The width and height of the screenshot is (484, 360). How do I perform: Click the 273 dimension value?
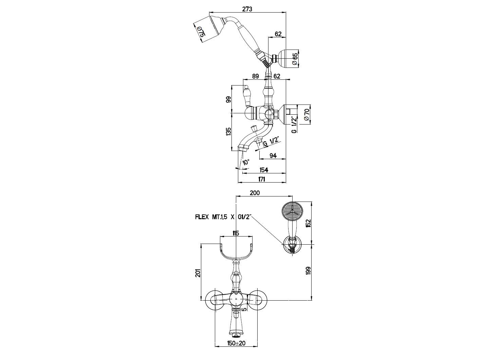point(247,9)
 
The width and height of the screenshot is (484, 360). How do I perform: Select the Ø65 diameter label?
point(294,59)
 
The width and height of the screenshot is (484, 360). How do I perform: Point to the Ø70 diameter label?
point(306,115)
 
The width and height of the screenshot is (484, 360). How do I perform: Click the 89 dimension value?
point(255,76)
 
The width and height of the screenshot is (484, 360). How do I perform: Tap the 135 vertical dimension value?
point(228,132)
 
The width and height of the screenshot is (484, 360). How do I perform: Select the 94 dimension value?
point(273,155)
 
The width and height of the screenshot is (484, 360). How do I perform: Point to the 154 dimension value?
point(264,170)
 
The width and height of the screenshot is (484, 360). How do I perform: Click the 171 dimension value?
point(262,179)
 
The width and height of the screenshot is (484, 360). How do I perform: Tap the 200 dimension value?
point(255,193)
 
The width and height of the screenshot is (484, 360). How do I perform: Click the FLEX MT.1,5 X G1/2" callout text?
point(223,217)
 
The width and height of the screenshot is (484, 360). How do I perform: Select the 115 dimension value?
point(236,233)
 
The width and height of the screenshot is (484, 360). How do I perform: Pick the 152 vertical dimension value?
point(308,223)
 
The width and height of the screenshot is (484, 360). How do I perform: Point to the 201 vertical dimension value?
point(198,273)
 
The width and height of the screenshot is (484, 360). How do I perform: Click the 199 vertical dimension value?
point(308,270)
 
